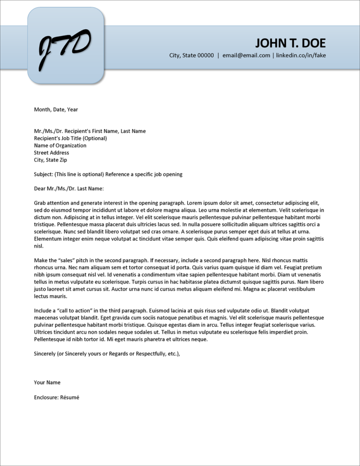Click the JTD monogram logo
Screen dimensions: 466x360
(x=65, y=46)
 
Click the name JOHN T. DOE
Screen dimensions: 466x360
(x=290, y=43)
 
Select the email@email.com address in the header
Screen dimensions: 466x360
(x=246, y=56)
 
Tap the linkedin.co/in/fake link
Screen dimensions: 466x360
(x=301, y=56)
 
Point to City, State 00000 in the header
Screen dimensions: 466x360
(x=191, y=56)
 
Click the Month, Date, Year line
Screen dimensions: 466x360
(x=56, y=109)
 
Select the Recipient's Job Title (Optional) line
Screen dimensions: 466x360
(x=70, y=138)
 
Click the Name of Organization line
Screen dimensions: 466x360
(x=60, y=146)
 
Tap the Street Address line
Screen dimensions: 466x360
(x=51, y=153)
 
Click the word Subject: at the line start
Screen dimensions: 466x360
(x=43, y=174)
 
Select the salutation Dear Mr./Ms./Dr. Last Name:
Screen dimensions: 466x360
(x=69, y=188)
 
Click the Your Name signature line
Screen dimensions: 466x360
(x=47, y=382)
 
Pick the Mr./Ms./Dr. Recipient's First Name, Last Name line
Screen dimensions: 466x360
(x=90, y=131)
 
